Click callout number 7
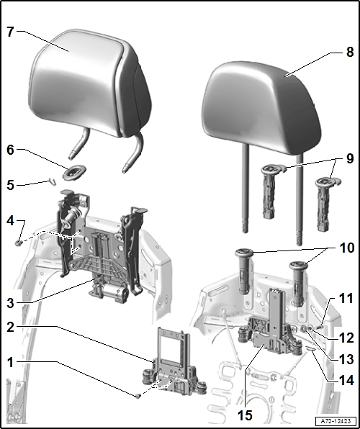pyautogui.click(x=10, y=32)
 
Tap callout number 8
pyautogui.click(x=350, y=52)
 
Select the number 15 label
pyautogui.click(x=245, y=415)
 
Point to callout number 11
pyautogui.click(x=346, y=298)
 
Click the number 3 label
pyautogui.click(x=10, y=304)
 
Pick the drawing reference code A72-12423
pyautogui.click(x=336, y=421)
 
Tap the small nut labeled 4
pyautogui.click(x=19, y=243)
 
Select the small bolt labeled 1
pyautogui.click(x=138, y=396)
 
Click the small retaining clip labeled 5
pyautogui.click(x=52, y=181)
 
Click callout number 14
pyautogui.click(x=346, y=380)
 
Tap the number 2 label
pyautogui.click(x=10, y=327)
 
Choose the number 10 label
pyautogui.click(x=346, y=248)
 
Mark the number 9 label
pyautogui.click(x=350, y=158)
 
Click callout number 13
pyautogui.click(x=346, y=359)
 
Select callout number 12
pyautogui.click(x=346, y=338)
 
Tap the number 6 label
pyautogui.click(x=10, y=150)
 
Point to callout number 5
pyautogui.click(x=10, y=185)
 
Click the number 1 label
pyautogui.click(x=10, y=363)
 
